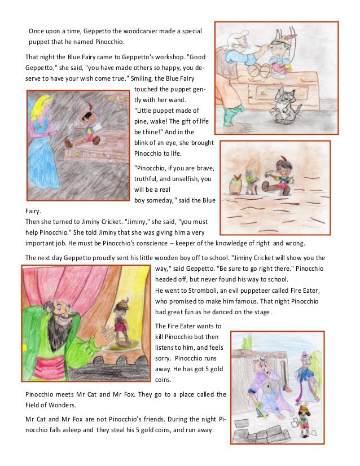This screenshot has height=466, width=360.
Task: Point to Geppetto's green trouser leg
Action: tap(228, 116)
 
